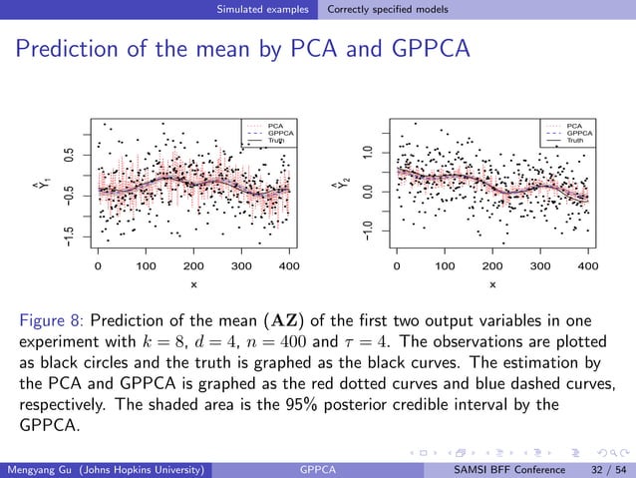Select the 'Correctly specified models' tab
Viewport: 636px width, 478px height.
point(388,10)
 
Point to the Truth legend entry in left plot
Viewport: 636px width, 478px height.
point(276,141)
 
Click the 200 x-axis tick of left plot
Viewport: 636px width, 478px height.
point(193,266)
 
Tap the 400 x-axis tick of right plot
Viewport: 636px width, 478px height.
point(587,266)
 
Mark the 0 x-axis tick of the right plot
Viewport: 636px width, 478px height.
point(397,266)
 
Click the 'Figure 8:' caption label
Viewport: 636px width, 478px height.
point(54,321)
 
